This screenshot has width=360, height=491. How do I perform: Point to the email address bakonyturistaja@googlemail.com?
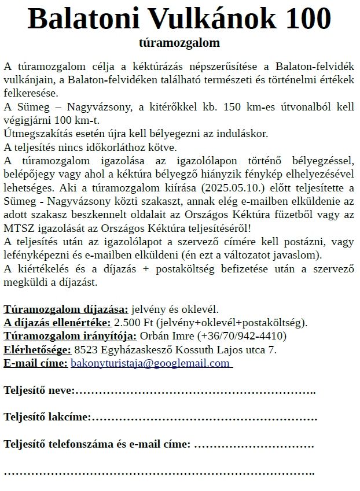point(150,363)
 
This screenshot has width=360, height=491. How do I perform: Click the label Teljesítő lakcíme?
point(47,417)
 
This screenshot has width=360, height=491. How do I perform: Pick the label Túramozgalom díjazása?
point(67,309)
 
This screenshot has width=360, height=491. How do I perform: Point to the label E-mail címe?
point(35,363)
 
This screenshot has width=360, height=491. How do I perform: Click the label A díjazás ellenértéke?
point(57,322)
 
